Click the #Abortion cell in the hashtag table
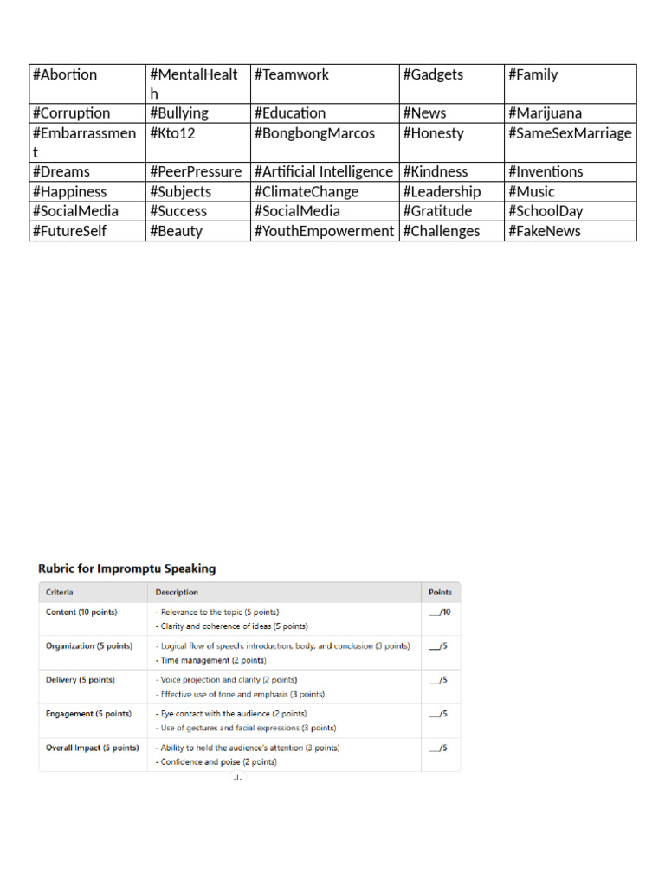click(x=65, y=75)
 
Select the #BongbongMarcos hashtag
click(x=314, y=134)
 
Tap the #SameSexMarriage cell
click(x=570, y=134)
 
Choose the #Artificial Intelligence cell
click(x=324, y=172)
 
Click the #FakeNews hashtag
click(x=545, y=231)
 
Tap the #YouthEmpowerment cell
click(x=324, y=231)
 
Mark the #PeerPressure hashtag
click(x=196, y=172)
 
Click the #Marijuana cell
click(x=545, y=113)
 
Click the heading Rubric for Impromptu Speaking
click(x=127, y=569)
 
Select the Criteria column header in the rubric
click(x=60, y=593)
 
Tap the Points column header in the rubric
click(x=440, y=593)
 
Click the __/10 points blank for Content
click(x=440, y=613)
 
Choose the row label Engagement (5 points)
click(x=88, y=714)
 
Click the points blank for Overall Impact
click(x=438, y=748)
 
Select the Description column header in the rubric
click(x=177, y=593)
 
